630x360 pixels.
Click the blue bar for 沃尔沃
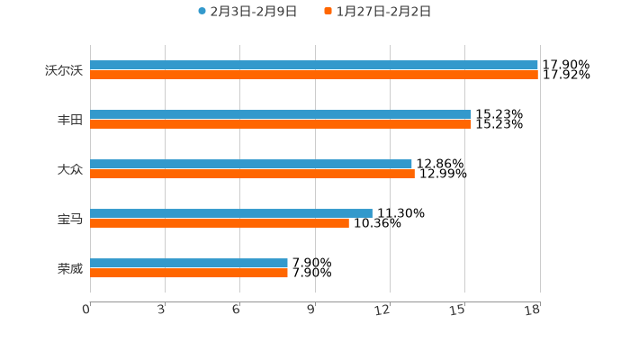coord(314,65)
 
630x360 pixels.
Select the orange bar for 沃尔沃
coord(314,76)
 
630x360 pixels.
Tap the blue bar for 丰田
coord(281,114)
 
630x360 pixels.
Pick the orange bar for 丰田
coord(281,125)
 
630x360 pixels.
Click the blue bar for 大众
coord(251,164)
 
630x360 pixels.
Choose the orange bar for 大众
coord(252,175)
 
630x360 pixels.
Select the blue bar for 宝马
coord(231,213)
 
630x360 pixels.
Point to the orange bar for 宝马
coord(220,224)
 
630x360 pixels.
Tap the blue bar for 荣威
coord(189,263)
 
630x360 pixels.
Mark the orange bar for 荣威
coord(189,274)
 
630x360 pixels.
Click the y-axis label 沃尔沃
coord(64,70)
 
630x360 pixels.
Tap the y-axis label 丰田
coord(70,120)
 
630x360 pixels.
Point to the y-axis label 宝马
coord(70,219)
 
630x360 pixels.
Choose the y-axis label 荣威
coord(70,268)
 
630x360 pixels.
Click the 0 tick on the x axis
coord(87,310)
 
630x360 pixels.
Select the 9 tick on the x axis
coord(311,310)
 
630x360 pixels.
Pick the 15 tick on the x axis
coord(458,310)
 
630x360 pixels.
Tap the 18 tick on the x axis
coord(533,310)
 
